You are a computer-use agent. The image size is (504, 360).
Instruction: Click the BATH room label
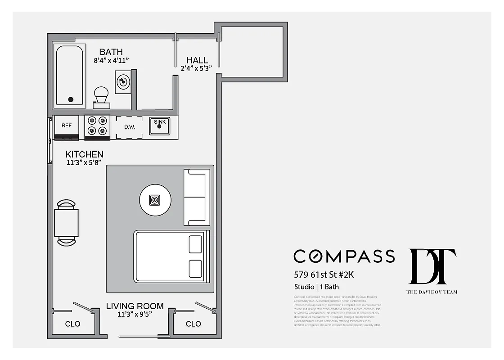click(x=111, y=52)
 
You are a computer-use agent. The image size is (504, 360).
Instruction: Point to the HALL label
click(x=197, y=60)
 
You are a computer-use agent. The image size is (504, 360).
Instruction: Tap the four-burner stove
click(x=98, y=126)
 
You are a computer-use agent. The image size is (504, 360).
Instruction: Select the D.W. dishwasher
click(x=130, y=127)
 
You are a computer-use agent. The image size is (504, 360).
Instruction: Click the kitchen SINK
click(x=160, y=126)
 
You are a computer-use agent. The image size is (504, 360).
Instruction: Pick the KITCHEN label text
click(x=84, y=154)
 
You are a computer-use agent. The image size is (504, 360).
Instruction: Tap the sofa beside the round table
click(x=197, y=197)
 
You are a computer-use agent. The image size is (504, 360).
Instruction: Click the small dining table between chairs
click(x=67, y=223)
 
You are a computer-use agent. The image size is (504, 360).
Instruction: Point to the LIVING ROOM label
click(x=135, y=306)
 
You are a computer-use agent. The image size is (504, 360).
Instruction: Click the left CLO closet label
click(x=72, y=324)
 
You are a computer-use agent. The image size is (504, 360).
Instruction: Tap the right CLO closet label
click(x=193, y=324)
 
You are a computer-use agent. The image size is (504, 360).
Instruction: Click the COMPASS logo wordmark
click(x=344, y=256)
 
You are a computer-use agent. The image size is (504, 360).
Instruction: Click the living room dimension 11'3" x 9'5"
click(x=135, y=314)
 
